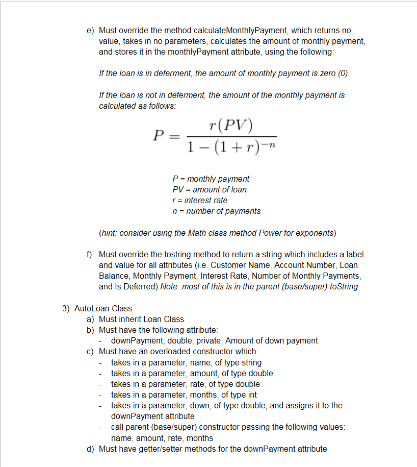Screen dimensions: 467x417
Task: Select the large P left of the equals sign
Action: [159, 136]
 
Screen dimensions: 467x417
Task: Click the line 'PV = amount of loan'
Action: [210, 189]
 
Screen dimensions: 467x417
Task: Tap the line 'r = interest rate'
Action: [200, 200]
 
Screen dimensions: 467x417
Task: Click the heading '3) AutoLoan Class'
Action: [97, 308]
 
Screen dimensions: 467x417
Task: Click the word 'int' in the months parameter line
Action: [251, 395]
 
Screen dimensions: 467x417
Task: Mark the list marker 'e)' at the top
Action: [90, 31]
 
